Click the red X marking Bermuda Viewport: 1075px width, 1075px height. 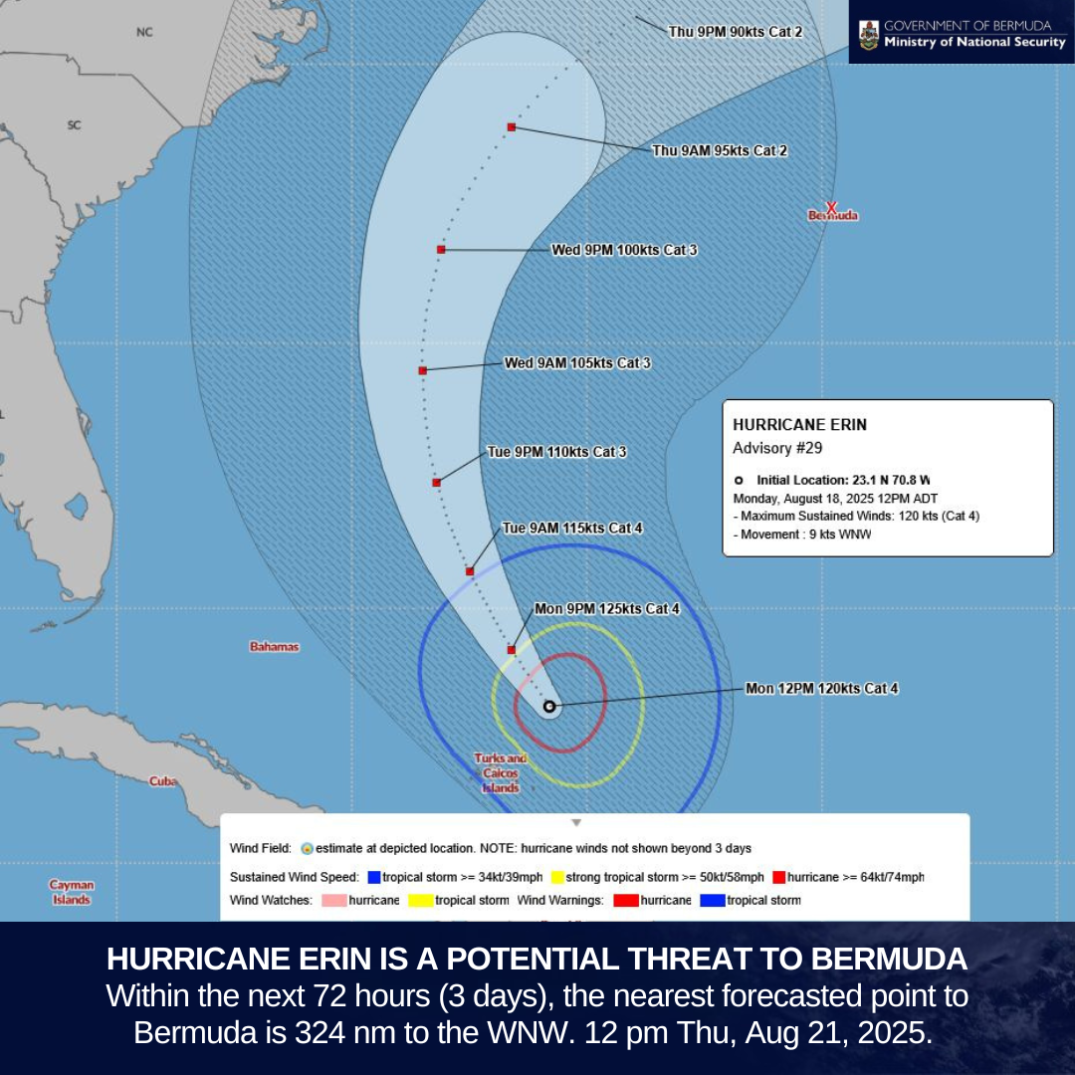point(831,207)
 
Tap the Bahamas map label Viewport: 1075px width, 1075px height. point(274,647)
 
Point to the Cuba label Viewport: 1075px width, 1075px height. point(163,781)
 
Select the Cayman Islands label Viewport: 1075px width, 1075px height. point(72,892)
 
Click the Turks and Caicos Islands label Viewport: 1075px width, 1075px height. point(502,773)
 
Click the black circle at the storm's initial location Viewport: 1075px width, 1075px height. point(549,706)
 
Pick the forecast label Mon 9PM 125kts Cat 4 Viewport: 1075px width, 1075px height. point(607,609)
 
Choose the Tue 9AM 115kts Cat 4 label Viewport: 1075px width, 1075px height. point(572,529)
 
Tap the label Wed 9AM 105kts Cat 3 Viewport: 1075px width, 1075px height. point(577,363)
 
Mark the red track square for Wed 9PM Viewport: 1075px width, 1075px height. point(441,250)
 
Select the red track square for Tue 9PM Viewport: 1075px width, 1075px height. point(436,483)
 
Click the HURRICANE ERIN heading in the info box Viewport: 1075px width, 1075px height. point(799,424)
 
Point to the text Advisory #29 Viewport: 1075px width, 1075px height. point(777,448)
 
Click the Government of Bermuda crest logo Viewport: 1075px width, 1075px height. point(868,33)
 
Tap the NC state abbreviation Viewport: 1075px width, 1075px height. point(144,33)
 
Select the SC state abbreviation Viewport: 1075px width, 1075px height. point(74,125)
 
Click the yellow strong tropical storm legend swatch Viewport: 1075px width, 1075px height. point(558,877)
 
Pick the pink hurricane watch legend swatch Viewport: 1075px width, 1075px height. point(334,901)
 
